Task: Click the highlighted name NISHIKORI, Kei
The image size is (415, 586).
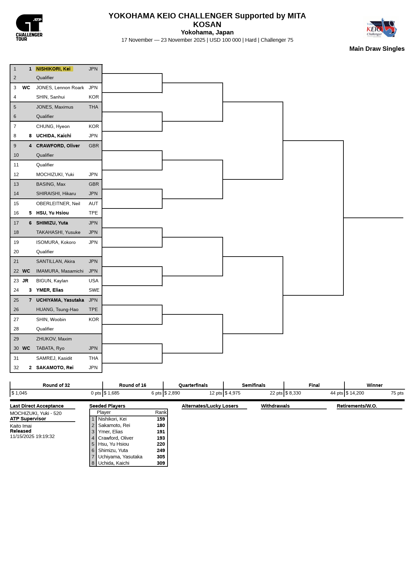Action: (x=54, y=69)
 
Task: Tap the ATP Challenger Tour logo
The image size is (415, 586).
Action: (x=29, y=27)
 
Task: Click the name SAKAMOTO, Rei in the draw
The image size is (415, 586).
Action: (x=55, y=368)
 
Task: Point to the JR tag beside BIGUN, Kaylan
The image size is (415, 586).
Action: (x=25, y=281)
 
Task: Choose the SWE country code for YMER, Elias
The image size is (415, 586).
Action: (x=94, y=290)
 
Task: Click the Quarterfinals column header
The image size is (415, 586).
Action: (x=193, y=385)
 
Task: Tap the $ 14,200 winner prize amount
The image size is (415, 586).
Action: (x=355, y=393)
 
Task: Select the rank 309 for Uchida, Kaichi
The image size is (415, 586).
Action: (x=161, y=463)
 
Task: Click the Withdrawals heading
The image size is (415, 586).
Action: (x=275, y=406)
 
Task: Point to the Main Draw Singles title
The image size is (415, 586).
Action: (x=377, y=49)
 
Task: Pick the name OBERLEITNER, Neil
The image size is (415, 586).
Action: (x=58, y=203)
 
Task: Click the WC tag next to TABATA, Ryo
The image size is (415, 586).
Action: (x=26, y=348)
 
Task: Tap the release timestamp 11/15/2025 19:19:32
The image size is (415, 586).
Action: (x=32, y=436)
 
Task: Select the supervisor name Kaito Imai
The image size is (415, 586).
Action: (x=21, y=426)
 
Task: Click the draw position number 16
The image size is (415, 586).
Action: (x=16, y=213)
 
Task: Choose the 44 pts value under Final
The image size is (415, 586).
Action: (x=336, y=393)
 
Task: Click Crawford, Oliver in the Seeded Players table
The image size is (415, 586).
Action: (x=116, y=438)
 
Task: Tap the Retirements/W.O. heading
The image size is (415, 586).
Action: (x=357, y=406)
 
